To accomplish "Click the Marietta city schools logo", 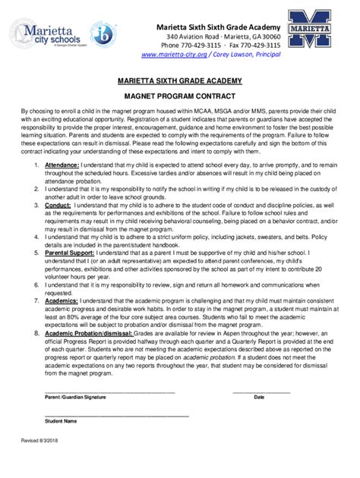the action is (46, 37).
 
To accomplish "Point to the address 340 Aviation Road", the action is (195, 36).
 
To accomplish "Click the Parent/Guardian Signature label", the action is (75, 398).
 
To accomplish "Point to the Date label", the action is (259, 398).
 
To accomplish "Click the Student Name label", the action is (61, 420).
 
